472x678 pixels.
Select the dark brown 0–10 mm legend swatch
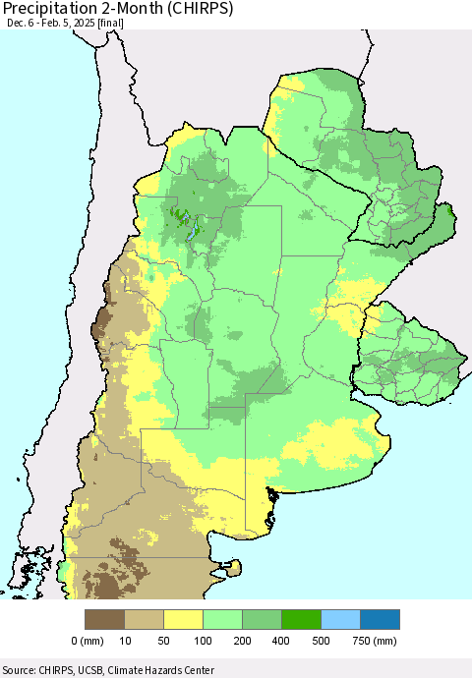click(105, 619)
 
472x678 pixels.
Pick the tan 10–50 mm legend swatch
click(145, 619)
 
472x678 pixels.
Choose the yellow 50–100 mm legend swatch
click(184, 619)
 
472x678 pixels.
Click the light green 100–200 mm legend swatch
click(223, 619)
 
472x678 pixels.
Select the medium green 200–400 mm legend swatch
click(263, 619)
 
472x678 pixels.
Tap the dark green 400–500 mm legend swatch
click(302, 619)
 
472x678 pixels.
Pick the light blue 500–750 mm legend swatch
click(341, 619)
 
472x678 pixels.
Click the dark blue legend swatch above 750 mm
click(381, 619)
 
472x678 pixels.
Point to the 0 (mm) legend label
click(88, 641)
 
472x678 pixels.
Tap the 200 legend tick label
click(243, 641)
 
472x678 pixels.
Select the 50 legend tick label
click(164, 641)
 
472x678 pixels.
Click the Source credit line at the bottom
click(108, 667)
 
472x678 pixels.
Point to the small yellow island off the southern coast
click(235, 566)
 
